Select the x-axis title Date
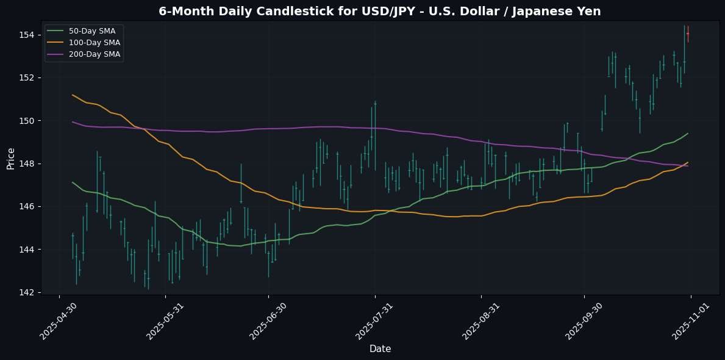tap(380, 348)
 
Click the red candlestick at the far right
tap(688, 33)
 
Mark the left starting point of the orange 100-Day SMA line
tap(73, 95)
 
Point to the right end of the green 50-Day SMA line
tap(688, 134)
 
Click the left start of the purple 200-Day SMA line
tap(73, 122)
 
